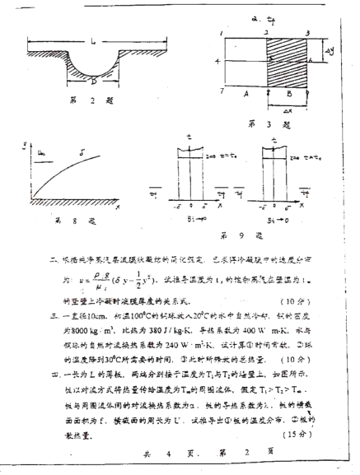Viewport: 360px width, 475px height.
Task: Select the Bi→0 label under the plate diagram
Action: (278, 221)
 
